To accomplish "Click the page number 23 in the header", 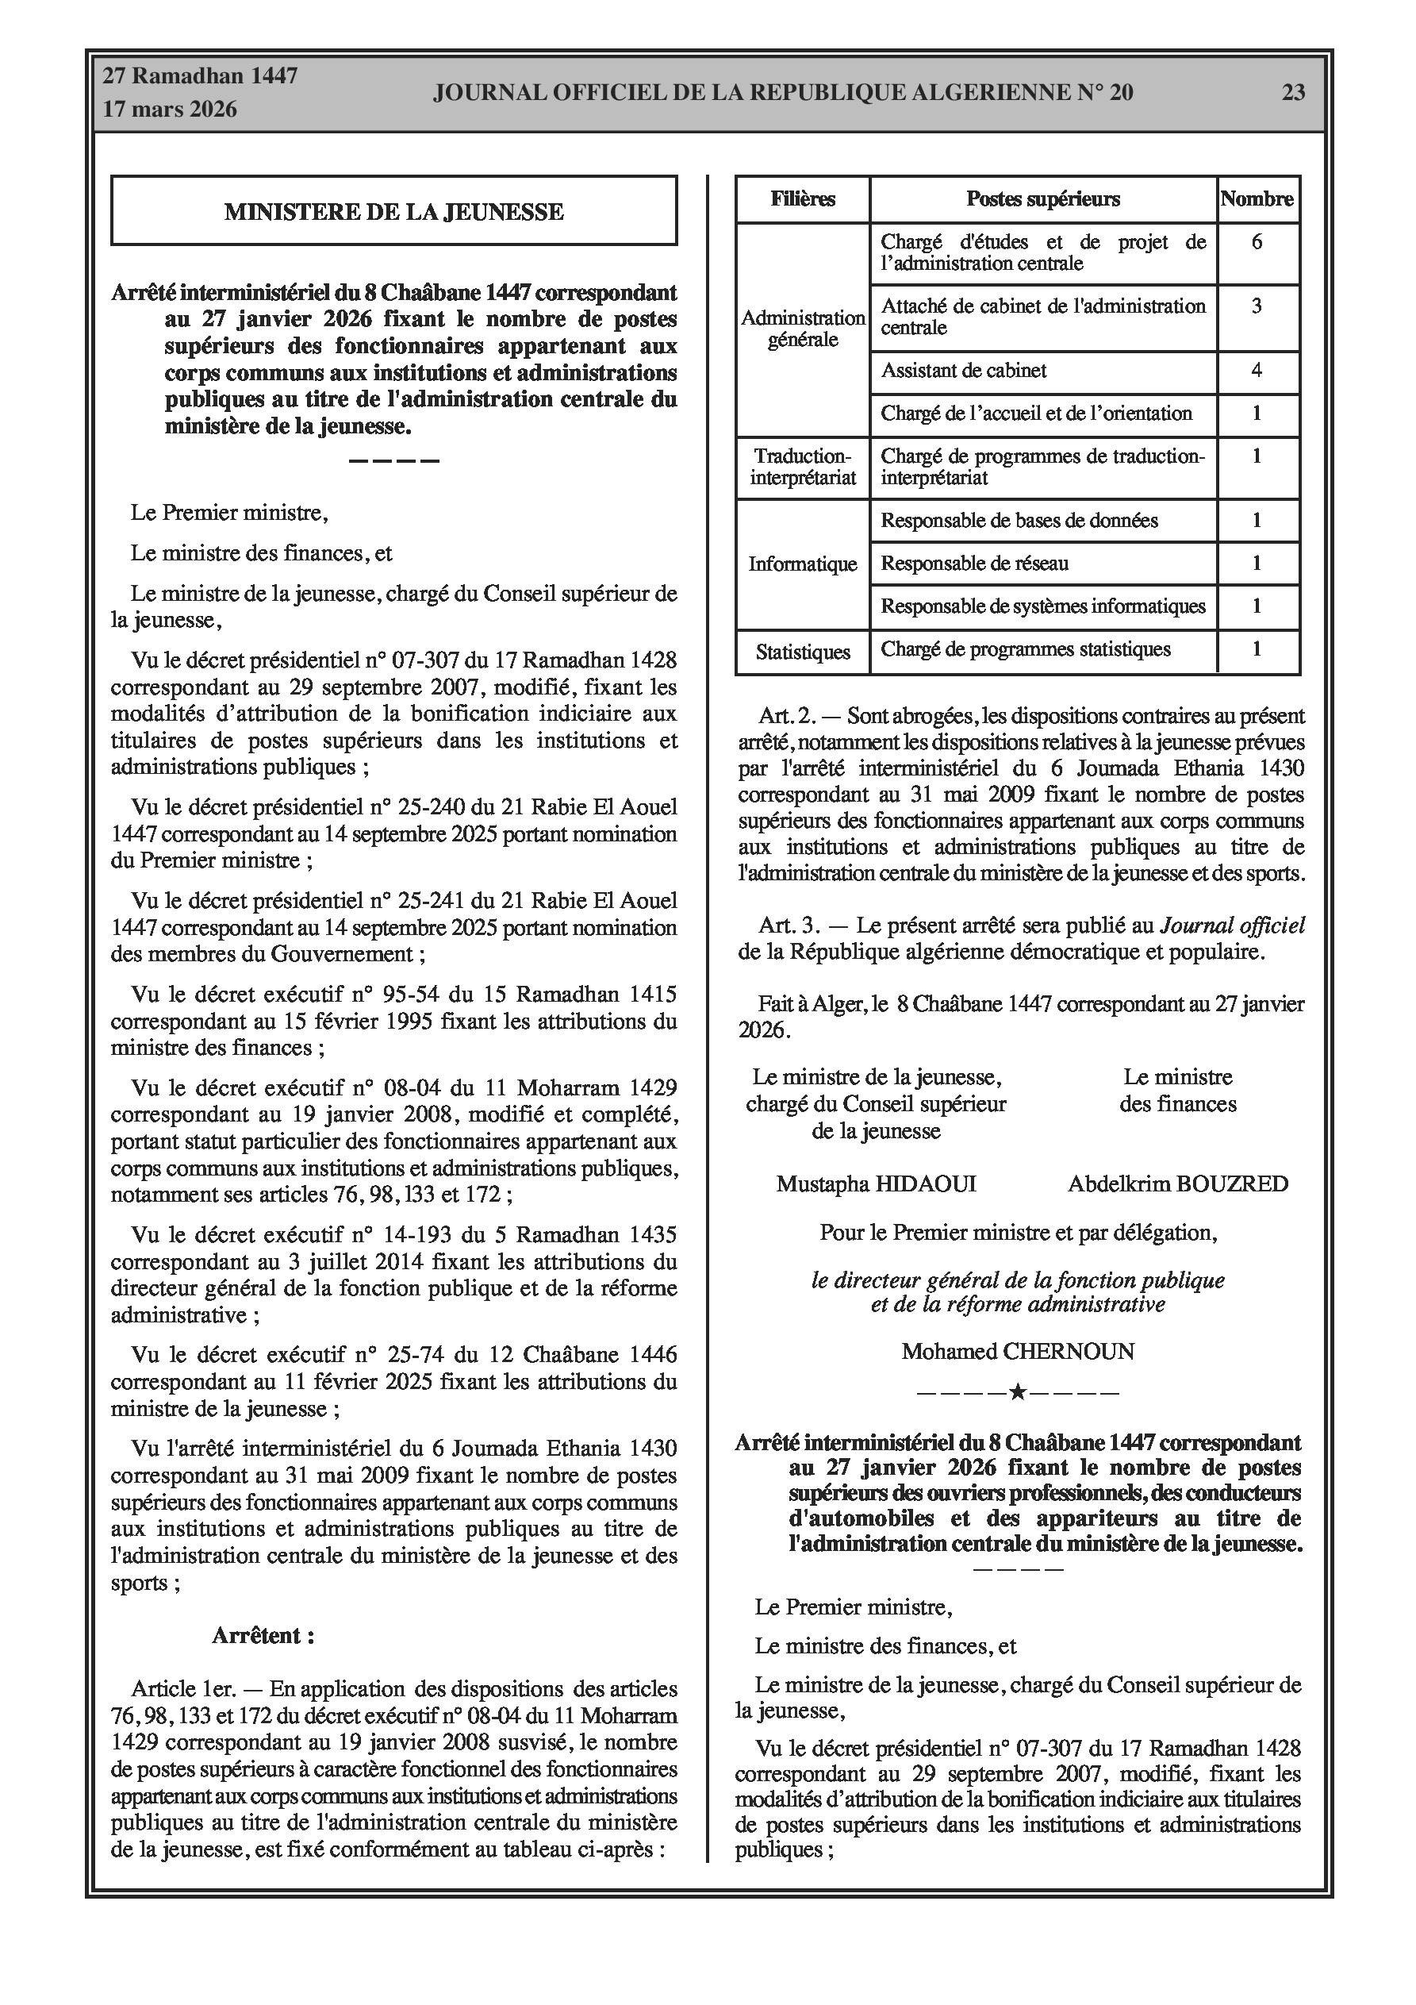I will [x=1293, y=93].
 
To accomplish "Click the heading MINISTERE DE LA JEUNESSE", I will [x=393, y=211].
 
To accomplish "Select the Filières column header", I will [x=802, y=199].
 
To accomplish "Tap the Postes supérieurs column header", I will [x=1042, y=199].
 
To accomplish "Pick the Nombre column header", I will [x=1257, y=199].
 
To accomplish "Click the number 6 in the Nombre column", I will [x=1257, y=242].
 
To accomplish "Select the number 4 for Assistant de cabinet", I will [x=1257, y=370].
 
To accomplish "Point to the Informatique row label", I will [x=802, y=564].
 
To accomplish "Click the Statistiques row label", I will [x=802, y=652].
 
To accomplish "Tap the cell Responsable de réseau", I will [x=974, y=564].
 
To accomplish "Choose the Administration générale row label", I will [x=802, y=329].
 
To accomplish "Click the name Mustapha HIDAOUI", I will [x=876, y=1183].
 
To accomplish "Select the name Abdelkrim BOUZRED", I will [x=1178, y=1183].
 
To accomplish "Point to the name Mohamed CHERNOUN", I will [x=1018, y=1351].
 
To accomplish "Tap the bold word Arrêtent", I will [x=263, y=1636].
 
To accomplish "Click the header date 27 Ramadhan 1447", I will [x=200, y=76].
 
